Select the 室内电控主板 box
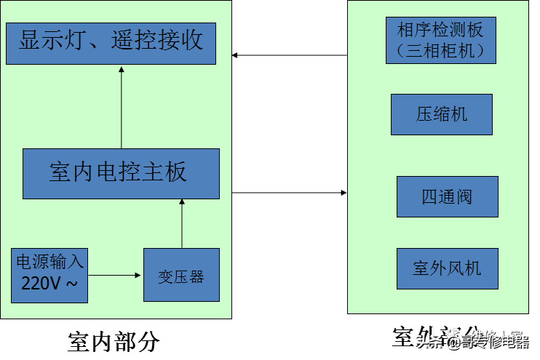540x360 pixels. pyautogui.click(x=121, y=174)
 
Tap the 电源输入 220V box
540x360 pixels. pyautogui.click(x=49, y=276)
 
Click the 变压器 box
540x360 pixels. pyautogui.click(x=180, y=276)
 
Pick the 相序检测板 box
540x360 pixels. pyautogui.click(x=440, y=41)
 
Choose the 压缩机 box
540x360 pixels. pyautogui.click(x=441, y=114)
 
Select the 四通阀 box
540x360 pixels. pyautogui.click(x=447, y=196)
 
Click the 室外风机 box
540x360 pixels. pyautogui.click(x=447, y=268)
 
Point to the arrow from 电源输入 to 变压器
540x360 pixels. pyautogui.click(x=115, y=276)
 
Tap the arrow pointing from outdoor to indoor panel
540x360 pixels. pyautogui.click(x=289, y=55)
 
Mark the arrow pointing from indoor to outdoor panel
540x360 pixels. pyautogui.click(x=289, y=193)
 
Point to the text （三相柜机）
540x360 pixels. pyautogui.click(x=440, y=51)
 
